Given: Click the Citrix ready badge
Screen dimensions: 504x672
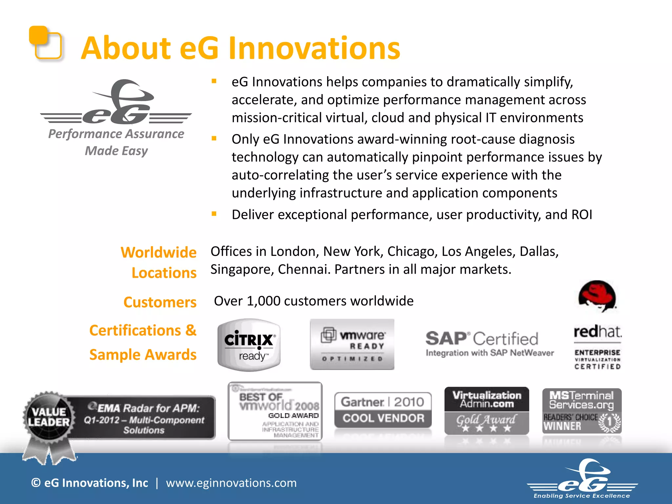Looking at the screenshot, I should tap(249, 345).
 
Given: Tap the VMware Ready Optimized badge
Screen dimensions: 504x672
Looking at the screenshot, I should tap(352, 344).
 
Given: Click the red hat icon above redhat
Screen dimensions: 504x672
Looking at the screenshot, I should tap(597, 296).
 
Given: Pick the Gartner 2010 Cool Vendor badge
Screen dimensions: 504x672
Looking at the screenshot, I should tap(383, 410).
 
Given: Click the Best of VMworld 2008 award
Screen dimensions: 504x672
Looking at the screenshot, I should tap(275, 411).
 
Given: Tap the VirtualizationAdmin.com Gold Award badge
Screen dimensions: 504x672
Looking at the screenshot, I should tap(487, 410).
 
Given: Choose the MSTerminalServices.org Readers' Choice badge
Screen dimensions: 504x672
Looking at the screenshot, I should tap(582, 411).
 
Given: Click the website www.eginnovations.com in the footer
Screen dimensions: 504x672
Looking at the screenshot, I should tap(231, 483).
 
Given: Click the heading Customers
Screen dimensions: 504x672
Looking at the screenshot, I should tap(160, 302).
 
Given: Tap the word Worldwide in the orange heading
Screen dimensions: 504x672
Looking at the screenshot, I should tap(158, 252).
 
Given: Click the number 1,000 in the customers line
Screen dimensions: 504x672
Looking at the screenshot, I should tap(263, 301).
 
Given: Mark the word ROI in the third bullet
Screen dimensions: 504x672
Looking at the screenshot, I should tap(582, 215).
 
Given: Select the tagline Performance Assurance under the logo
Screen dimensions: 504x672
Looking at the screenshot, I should tap(116, 134).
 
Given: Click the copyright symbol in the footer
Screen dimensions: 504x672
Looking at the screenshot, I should tap(36, 483).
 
